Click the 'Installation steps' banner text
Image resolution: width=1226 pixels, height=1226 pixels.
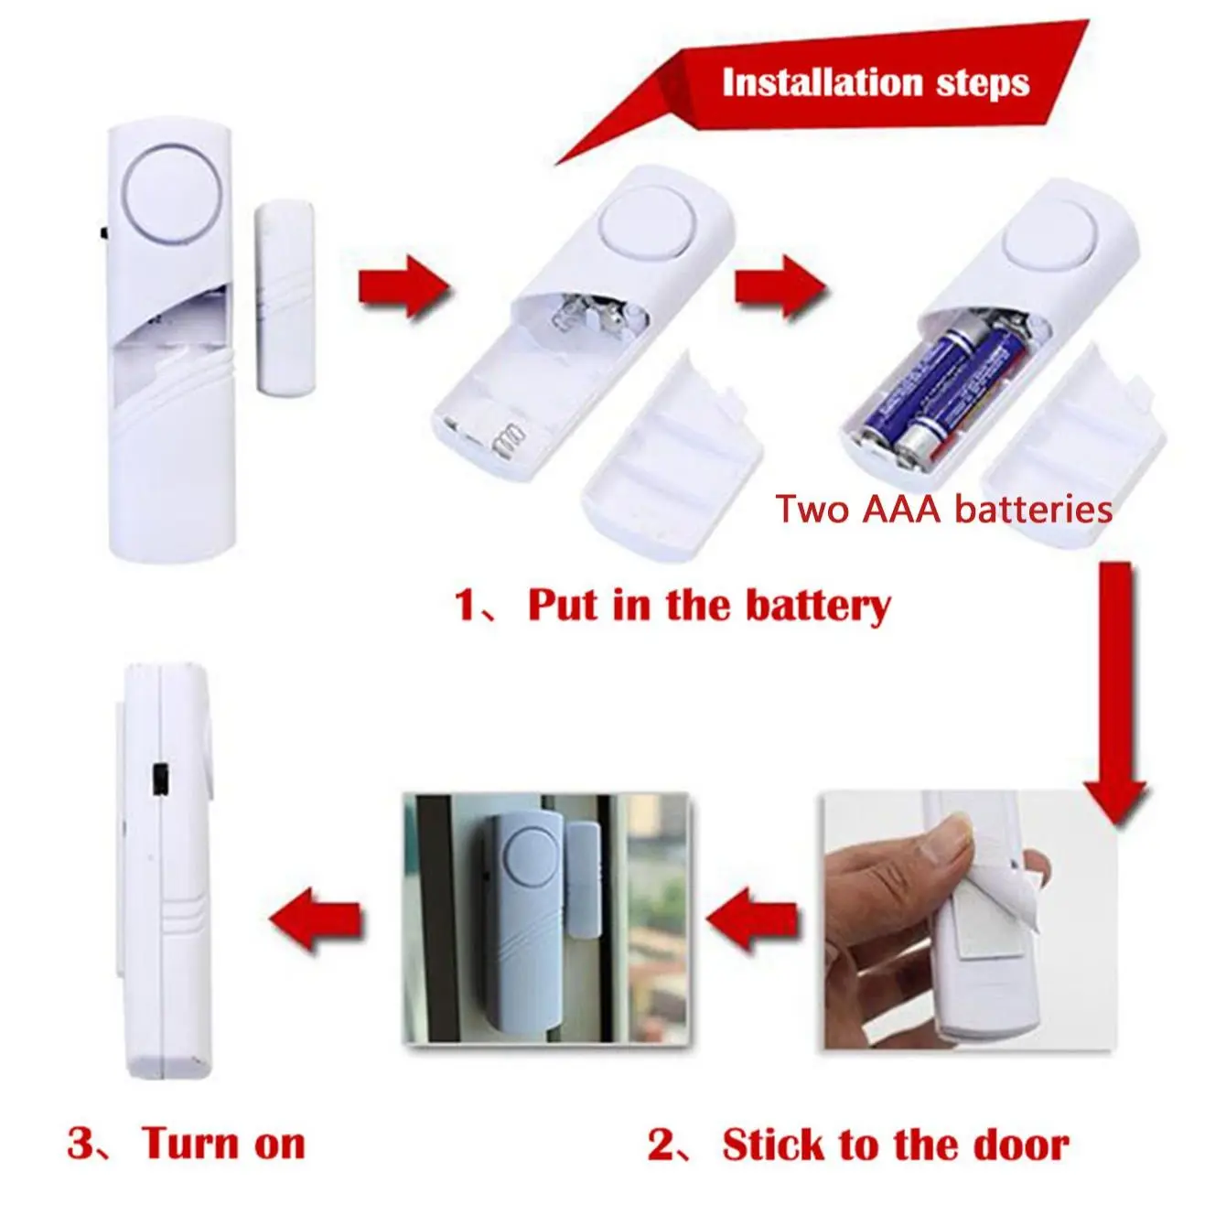click(x=876, y=82)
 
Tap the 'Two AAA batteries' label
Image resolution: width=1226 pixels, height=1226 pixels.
click(x=943, y=509)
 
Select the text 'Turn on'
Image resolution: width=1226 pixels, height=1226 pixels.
click(x=223, y=1144)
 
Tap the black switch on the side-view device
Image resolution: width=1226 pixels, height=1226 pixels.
click(x=159, y=780)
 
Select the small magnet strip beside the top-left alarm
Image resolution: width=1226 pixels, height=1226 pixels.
click(x=285, y=297)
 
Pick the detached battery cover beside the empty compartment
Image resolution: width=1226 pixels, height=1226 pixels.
click(x=672, y=453)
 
